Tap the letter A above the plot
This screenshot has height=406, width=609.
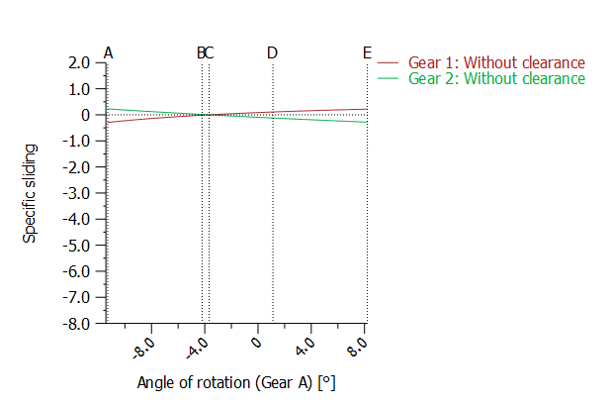108,51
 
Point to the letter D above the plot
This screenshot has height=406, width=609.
272,51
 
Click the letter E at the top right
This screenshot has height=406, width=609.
367,51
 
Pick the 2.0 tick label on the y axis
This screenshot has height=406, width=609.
80,62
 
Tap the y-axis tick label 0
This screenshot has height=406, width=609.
87,115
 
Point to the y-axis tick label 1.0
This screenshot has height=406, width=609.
80,88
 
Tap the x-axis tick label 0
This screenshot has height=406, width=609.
255,343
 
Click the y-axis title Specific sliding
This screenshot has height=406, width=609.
31,192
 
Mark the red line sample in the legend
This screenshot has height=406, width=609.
387,61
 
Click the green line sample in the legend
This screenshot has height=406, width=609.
387,77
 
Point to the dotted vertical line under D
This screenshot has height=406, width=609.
272,198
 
